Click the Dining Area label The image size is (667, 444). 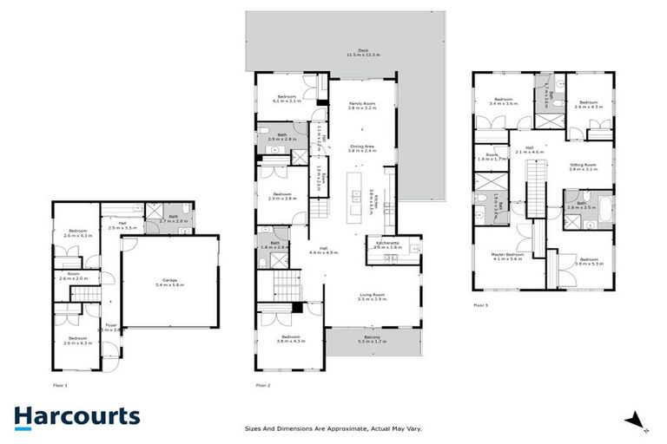362,147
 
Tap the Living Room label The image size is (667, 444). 373,296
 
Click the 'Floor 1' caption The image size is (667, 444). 60,384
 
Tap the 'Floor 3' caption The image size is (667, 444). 481,305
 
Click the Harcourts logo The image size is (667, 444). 76,416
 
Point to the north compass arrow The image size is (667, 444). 636,420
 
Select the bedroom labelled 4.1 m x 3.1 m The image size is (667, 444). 287,99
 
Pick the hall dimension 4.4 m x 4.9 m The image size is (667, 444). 323,252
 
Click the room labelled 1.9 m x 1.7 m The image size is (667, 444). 492,157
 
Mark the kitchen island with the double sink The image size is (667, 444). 356,195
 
